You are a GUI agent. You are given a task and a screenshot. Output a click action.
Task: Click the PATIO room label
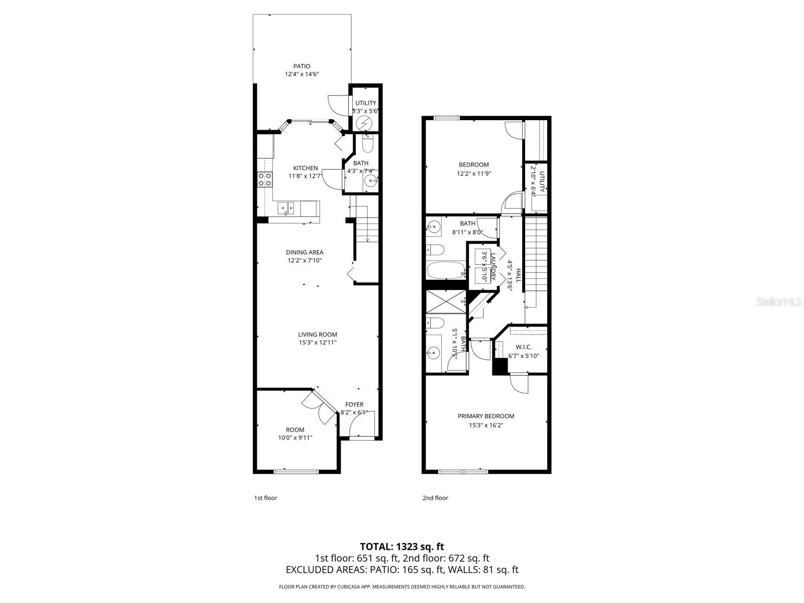pyautogui.click(x=301, y=66)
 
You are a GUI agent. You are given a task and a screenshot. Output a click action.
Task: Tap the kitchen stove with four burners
pyautogui.click(x=265, y=179)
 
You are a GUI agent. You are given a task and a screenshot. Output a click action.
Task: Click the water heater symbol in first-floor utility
pyautogui.click(x=364, y=123)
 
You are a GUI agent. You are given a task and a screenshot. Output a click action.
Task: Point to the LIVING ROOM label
pyautogui.click(x=317, y=334)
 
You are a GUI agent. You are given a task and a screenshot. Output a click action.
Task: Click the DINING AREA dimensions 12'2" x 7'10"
pyautogui.click(x=305, y=260)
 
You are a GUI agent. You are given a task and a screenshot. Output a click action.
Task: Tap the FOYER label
pyautogui.click(x=354, y=405)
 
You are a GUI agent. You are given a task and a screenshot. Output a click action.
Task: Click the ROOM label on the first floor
pyautogui.click(x=295, y=430)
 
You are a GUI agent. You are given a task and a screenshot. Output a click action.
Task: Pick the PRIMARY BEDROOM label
pyautogui.click(x=485, y=416)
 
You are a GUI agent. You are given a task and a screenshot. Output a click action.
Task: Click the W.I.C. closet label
pyautogui.click(x=523, y=347)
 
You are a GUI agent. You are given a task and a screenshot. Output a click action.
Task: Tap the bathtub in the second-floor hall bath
pyautogui.click(x=446, y=270)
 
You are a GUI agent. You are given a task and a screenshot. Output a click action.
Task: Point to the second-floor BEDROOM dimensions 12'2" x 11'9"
pyautogui.click(x=473, y=173)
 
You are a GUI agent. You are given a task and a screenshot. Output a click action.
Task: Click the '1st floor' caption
pyautogui.click(x=265, y=498)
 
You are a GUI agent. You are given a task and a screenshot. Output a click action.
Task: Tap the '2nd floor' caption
pyautogui.click(x=435, y=498)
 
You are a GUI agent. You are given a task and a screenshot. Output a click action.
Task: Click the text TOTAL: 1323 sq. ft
pyautogui.click(x=401, y=546)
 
